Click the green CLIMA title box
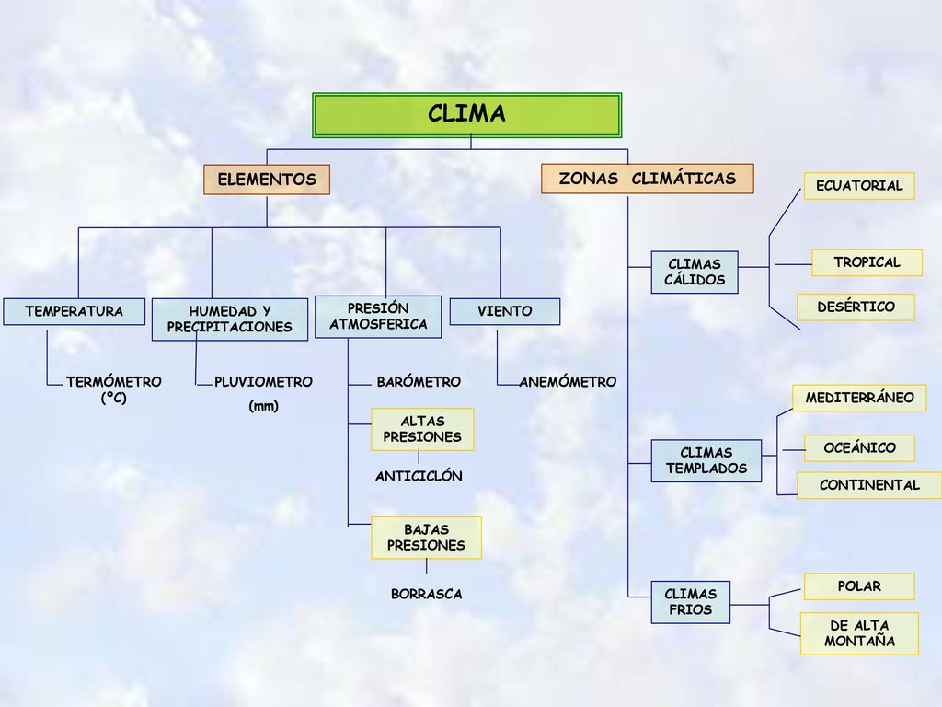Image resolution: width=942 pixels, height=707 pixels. tap(466, 115)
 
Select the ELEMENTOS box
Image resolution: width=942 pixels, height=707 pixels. tap(267, 180)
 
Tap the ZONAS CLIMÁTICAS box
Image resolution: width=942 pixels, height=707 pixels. tap(647, 179)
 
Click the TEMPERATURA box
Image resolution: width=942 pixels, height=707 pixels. tap(74, 311)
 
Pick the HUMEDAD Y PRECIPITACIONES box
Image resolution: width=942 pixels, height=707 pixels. tap(229, 319)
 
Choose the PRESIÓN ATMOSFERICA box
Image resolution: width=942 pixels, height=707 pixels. tap(378, 317)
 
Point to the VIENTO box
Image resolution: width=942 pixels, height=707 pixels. tap(505, 311)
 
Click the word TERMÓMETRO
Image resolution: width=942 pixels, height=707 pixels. tap(113, 382)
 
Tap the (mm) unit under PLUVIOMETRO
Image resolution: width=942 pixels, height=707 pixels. tap(263, 406)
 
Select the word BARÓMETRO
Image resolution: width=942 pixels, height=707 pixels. tap(419, 382)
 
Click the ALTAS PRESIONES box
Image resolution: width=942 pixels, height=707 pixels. tap(422, 429)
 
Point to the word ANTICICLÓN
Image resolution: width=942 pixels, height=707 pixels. tap(419, 476)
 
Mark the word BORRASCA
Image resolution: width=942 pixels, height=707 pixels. tap(427, 594)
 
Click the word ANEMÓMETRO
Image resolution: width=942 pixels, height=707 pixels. tap(568, 382)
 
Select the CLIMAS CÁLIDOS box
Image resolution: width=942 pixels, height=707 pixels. tap(695, 272)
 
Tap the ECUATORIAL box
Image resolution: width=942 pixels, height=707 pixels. tap(859, 186)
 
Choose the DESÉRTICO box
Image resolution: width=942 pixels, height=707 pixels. tap(856, 307)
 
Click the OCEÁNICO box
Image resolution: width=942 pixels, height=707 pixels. tap(859, 448)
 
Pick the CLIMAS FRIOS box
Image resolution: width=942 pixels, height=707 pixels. tap(690, 602)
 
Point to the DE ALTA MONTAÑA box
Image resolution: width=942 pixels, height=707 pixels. tap(859, 633)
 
